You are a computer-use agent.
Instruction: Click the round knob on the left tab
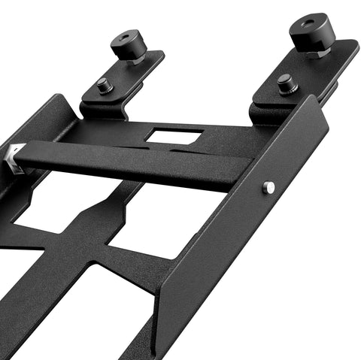[129, 46]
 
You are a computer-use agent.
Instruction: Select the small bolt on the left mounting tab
[105, 86]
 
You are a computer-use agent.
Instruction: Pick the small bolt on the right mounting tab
[286, 83]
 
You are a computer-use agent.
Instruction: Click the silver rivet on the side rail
[268, 188]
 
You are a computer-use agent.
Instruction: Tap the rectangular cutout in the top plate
[174, 137]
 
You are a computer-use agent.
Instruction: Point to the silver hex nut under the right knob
[316, 54]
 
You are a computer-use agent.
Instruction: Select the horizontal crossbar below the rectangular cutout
[135, 164]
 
